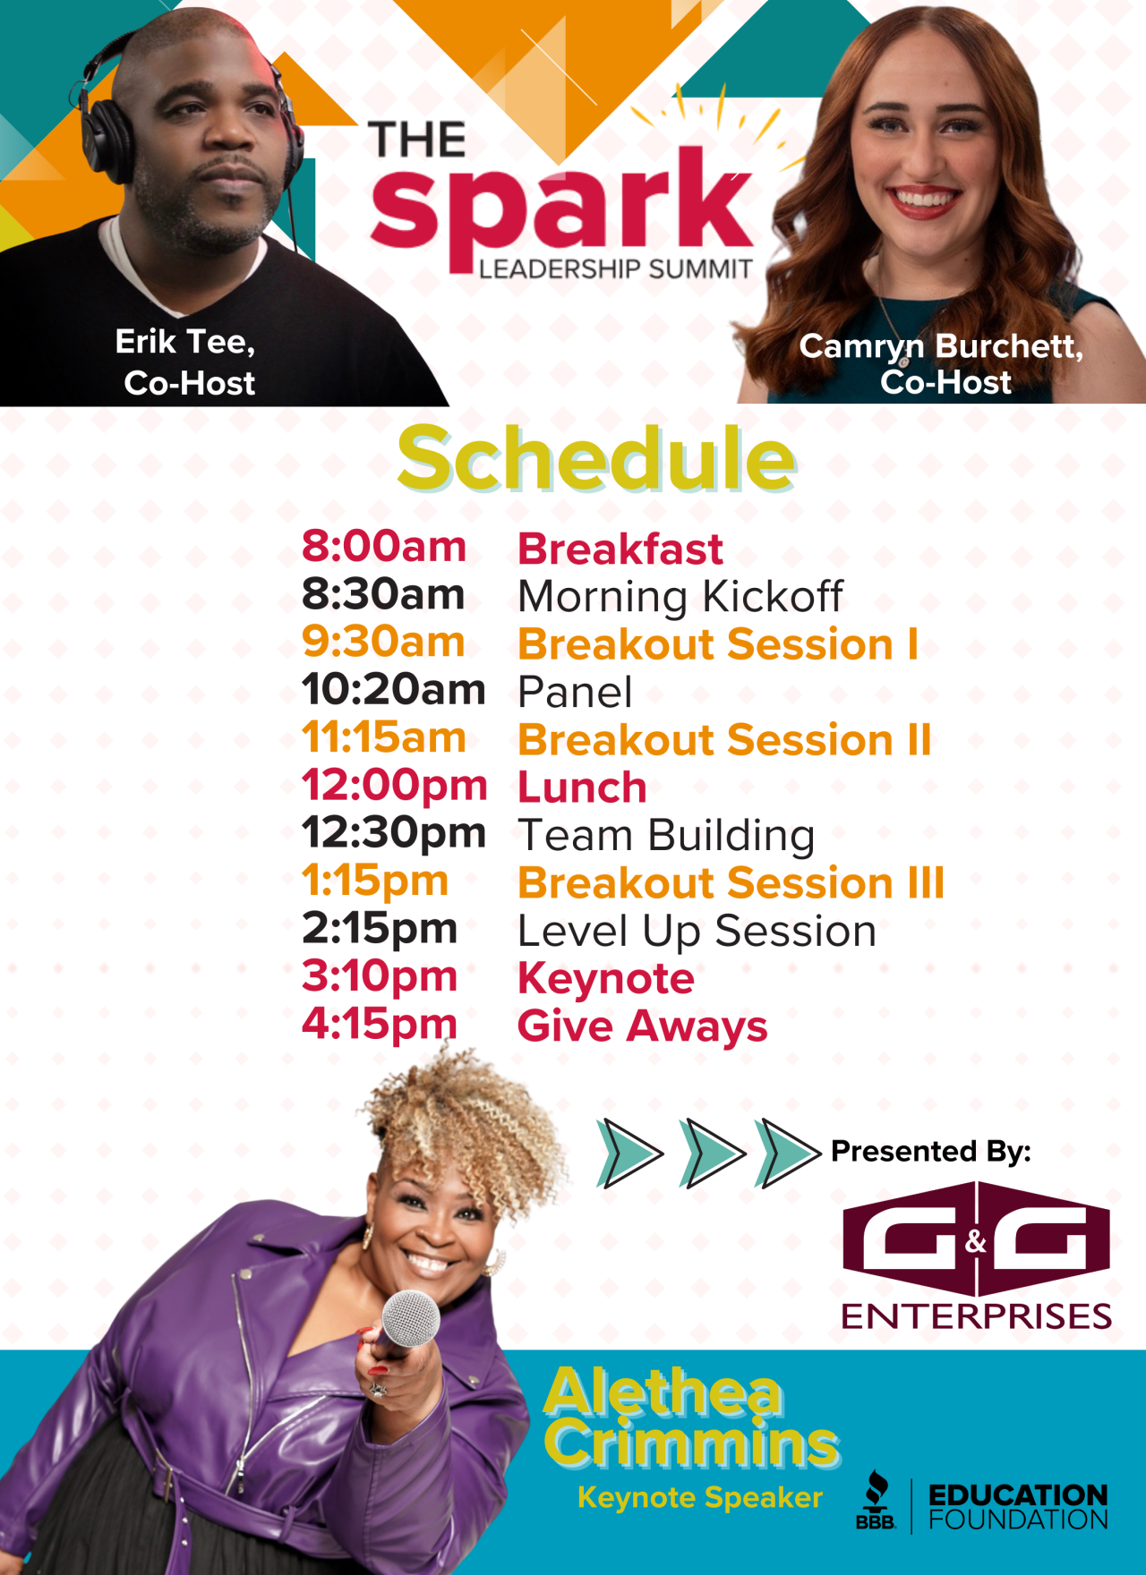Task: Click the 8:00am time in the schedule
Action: tap(384, 547)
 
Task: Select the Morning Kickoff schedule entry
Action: tap(680, 596)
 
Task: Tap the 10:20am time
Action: tap(394, 690)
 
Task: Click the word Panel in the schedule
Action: tap(575, 693)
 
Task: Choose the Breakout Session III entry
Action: tap(731, 883)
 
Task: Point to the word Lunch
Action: tap(582, 788)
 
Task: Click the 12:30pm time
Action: tap(394, 834)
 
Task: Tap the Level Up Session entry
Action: tap(697, 932)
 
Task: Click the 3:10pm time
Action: tap(380, 977)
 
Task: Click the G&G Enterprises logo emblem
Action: tap(977, 1239)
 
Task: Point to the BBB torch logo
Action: tap(876, 1500)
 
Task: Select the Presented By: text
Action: tap(931, 1152)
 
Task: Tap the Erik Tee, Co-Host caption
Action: tap(188, 362)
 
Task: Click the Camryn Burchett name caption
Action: tap(941, 346)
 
